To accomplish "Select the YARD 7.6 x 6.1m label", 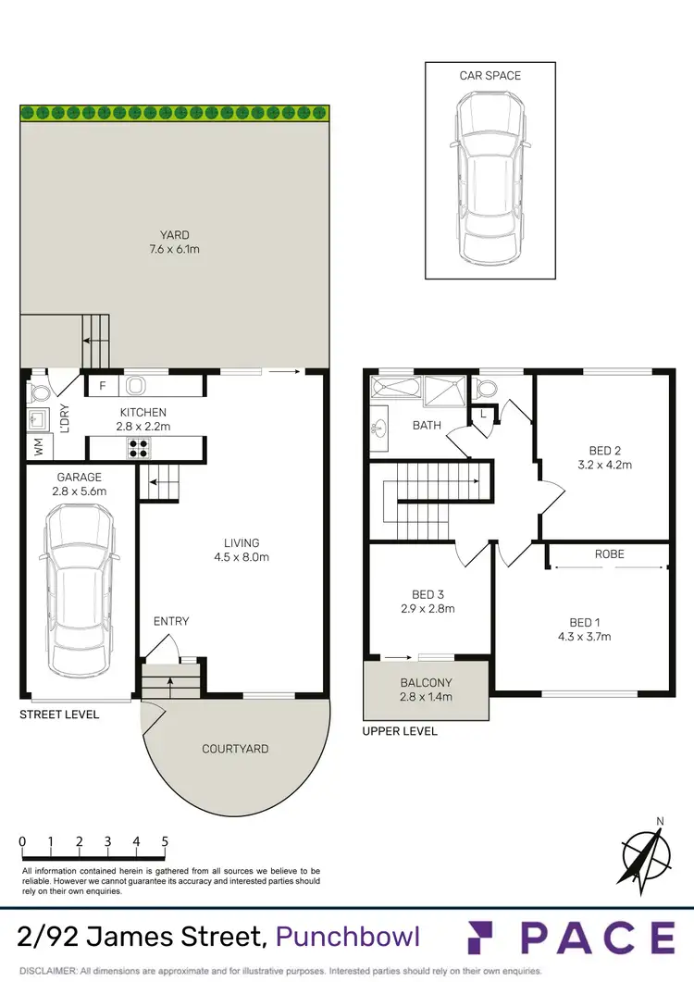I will click(174, 242).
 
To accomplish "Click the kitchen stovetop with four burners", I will click(139, 449).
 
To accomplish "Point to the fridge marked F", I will click(101, 386).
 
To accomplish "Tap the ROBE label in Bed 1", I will click(610, 553).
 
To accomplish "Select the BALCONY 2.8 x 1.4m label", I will click(427, 690).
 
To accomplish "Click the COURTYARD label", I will click(235, 749).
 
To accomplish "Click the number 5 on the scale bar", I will click(165, 841).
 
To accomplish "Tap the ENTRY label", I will click(171, 621).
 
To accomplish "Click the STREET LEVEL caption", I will click(60, 715).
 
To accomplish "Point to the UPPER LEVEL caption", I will click(401, 731).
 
